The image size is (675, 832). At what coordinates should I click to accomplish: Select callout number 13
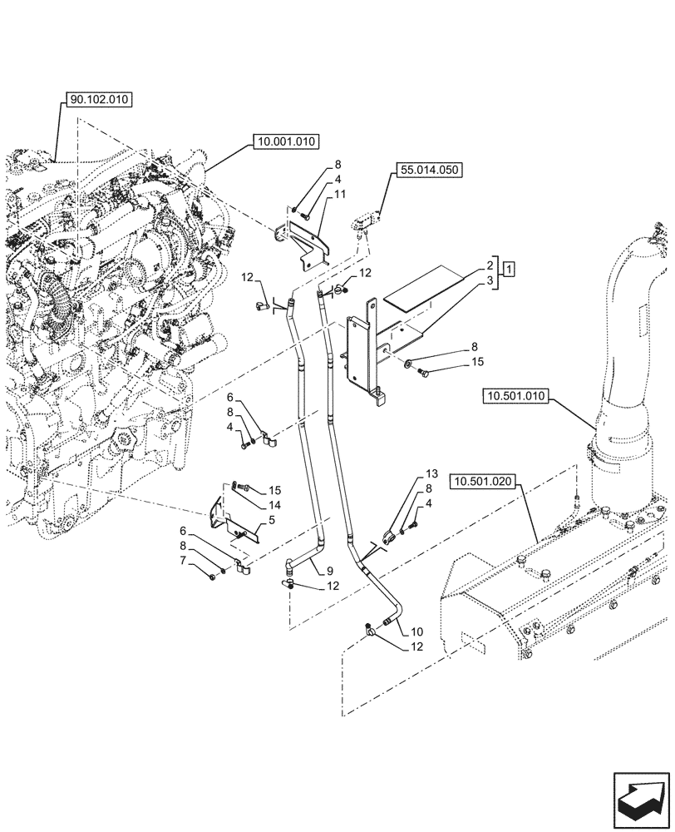pyautogui.click(x=431, y=473)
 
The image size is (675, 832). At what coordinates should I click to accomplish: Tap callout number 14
pyautogui.click(x=275, y=505)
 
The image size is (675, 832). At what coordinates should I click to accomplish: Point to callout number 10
pyautogui.click(x=416, y=631)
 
